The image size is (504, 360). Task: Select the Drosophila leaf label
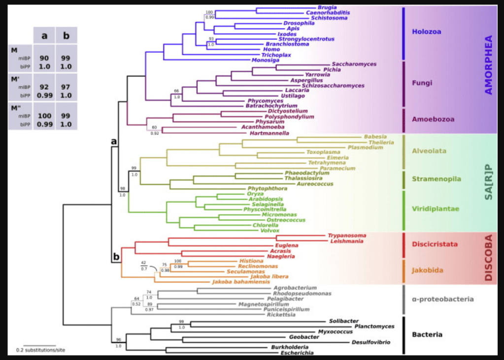pyautogui.click(x=299, y=23)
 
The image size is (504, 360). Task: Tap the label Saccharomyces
pyautogui.click(x=354, y=64)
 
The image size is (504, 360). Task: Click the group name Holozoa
pyautogui.click(x=427, y=32)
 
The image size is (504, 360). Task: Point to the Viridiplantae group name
pyautogui.click(x=436, y=209)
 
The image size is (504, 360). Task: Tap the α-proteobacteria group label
pyautogui.click(x=442, y=299)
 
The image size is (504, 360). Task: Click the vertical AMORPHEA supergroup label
pyautogui.click(x=488, y=64)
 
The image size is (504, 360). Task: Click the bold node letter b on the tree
pyautogui.click(x=117, y=256)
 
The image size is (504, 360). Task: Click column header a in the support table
pyautogui.click(x=44, y=36)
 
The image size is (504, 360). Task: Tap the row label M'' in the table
pyautogui.click(x=17, y=107)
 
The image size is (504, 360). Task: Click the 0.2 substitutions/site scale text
pyautogui.click(x=40, y=351)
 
